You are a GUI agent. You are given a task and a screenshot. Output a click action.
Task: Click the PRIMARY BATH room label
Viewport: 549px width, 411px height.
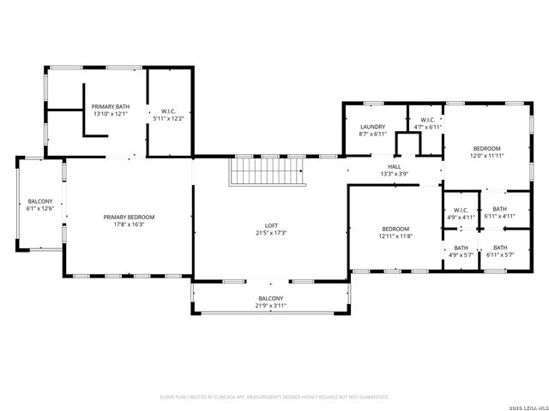[x=110, y=106]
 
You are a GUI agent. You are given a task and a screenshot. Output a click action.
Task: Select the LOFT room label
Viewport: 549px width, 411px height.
[x=270, y=225]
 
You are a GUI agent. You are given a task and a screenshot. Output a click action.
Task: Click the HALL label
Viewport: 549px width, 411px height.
[x=394, y=166]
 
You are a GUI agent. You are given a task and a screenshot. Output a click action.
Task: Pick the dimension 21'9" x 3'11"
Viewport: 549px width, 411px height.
[x=270, y=306]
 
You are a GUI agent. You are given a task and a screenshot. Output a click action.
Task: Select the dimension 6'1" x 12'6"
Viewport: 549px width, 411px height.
[x=39, y=209]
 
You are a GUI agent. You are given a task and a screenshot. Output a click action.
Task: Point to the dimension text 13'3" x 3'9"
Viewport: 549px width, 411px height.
[x=394, y=174]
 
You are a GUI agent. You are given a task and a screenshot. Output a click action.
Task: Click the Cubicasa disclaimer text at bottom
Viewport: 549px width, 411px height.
[x=274, y=397]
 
